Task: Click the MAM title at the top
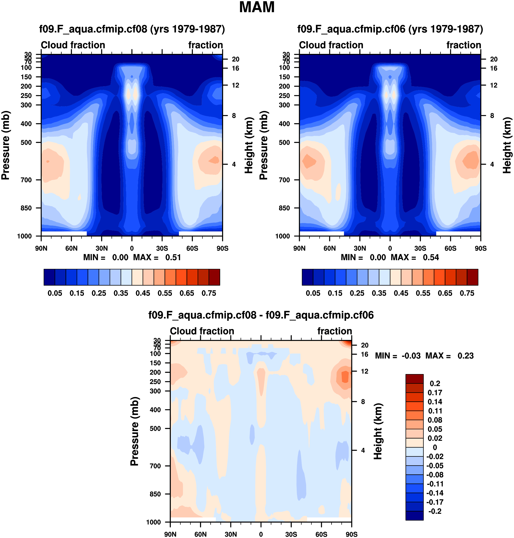pos(257,8)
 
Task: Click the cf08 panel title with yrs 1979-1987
pos(132,29)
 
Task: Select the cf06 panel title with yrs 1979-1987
pos(390,29)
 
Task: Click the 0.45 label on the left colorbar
pos(143,293)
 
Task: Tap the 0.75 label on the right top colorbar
pos(467,293)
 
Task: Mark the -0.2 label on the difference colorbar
pos(435,511)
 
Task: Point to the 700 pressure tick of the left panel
pos(26,180)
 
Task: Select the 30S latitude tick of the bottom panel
pos(291,534)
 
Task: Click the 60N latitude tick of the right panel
pos(329,249)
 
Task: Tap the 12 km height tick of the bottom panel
pos(365,372)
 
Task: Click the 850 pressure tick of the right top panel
pos(284,208)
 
